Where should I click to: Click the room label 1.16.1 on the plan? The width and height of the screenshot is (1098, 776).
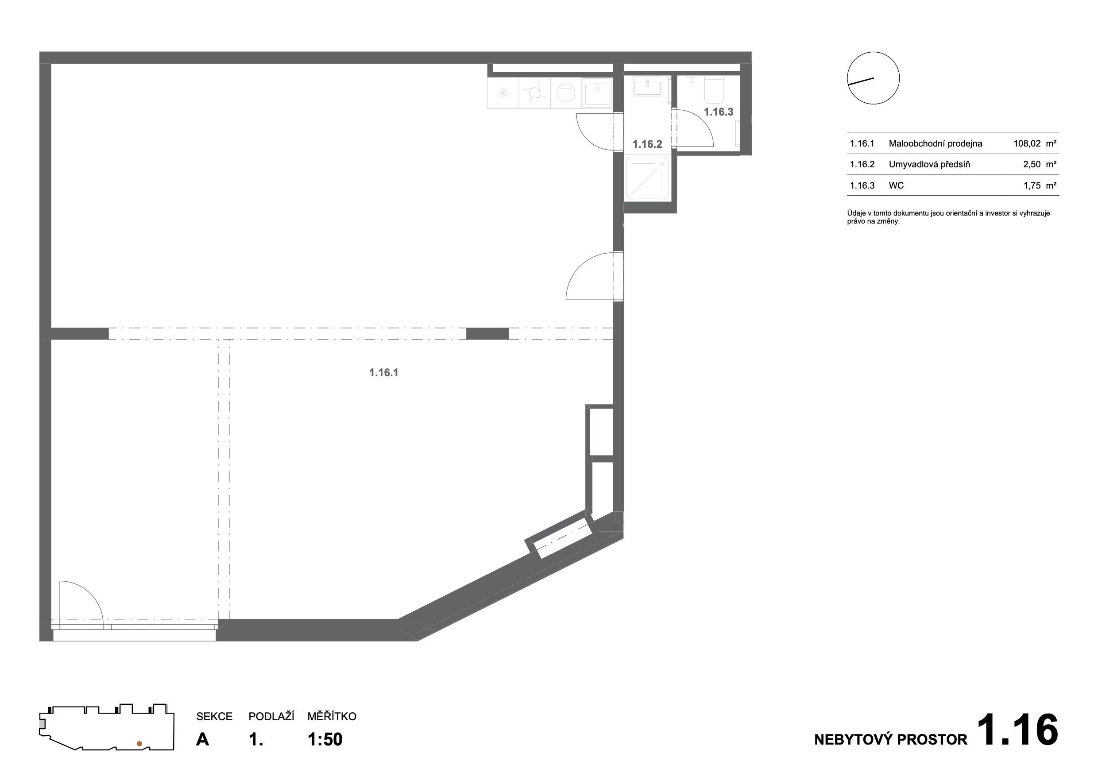(x=383, y=372)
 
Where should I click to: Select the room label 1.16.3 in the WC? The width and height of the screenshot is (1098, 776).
(x=718, y=112)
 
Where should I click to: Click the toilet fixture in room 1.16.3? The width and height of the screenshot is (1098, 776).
(x=715, y=89)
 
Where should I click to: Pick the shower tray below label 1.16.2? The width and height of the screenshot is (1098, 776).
(x=648, y=178)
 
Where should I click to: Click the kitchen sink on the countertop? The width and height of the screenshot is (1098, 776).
(x=597, y=93)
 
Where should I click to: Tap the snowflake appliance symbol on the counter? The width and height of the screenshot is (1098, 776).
(x=503, y=93)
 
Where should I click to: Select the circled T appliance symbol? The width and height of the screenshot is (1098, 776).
(x=566, y=93)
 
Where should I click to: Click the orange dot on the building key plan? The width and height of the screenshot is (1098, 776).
(x=139, y=744)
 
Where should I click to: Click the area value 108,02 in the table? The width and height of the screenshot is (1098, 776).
(x=1027, y=143)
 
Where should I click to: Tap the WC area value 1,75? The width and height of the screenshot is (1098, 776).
(x=1032, y=185)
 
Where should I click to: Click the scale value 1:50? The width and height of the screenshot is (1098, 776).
(x=325, y=739)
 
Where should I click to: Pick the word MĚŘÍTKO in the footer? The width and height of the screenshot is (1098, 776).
(x=332, y=716)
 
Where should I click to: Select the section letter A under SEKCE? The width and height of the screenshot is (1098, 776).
(x=202, y=739)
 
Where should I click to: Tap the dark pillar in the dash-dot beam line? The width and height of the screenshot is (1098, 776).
(x=487, y=334)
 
